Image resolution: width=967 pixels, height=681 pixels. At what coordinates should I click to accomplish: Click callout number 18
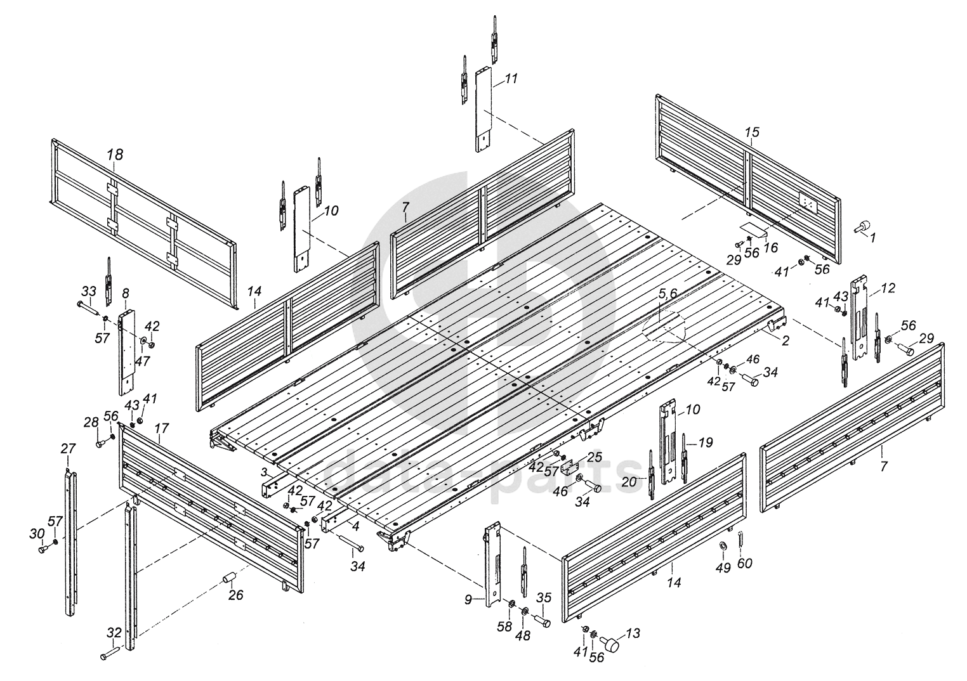115,154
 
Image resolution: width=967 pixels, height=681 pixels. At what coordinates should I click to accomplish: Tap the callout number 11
511,79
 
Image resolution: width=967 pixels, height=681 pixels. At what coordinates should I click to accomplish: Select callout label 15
751,133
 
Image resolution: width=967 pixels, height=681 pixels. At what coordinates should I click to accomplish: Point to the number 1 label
872,238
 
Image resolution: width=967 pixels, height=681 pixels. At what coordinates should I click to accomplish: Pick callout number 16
771,248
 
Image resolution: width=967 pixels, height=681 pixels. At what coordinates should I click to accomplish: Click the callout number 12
888,289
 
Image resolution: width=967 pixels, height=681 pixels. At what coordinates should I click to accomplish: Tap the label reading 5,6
668,294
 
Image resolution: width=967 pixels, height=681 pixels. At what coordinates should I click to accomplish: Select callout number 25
594,457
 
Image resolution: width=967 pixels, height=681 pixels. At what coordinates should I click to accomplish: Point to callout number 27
68,448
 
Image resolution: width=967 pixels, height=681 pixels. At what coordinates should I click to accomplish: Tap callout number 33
88,291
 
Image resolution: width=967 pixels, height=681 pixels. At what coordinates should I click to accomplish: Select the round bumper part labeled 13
612,645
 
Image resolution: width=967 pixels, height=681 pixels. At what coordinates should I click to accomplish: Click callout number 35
544,597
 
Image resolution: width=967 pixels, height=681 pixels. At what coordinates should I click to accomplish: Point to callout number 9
468,599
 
